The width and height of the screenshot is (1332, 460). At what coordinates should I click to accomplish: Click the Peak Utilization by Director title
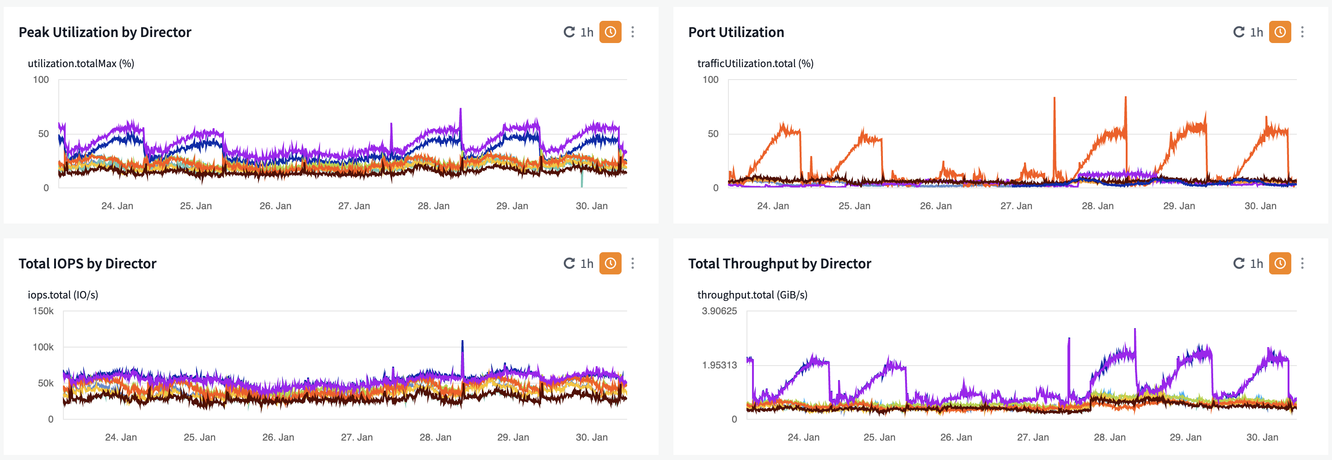pos(105,32)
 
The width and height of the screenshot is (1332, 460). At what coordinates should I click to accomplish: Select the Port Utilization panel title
pos(736,32)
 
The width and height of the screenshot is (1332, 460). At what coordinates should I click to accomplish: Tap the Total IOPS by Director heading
pos(87,263)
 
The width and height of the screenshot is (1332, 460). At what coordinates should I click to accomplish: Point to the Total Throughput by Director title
pos(779,263)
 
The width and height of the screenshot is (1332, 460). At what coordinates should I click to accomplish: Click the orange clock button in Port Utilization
pos(1280,32)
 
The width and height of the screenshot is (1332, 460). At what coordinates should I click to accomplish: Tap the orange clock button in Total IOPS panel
pos(610,263)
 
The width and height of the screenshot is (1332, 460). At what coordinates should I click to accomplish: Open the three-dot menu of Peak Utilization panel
pos(632,32)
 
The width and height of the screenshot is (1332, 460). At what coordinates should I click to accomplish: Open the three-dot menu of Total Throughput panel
pos(1302,263)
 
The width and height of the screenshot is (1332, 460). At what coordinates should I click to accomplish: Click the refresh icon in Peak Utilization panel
pos(569,32)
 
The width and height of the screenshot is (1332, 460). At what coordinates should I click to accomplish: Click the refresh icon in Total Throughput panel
pos(1239,263)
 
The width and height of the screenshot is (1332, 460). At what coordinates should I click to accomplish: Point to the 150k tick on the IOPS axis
pos(43,311)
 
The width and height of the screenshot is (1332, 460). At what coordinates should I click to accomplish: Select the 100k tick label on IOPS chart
pos(43,347)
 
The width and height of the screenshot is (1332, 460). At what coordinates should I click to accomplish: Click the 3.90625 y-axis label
pos(719,311)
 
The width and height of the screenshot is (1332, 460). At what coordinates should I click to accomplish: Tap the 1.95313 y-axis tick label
pos(719,365)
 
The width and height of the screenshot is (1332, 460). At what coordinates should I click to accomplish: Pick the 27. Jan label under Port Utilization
pos(1016,206)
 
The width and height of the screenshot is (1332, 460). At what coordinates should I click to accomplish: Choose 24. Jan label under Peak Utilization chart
pos(117,206)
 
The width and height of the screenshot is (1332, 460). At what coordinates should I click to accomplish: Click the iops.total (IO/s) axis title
pos(62,295)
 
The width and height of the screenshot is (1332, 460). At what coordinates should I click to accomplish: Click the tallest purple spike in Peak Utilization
pos(460,110)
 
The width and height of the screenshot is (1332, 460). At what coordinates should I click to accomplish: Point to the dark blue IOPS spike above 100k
pos(462,342)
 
